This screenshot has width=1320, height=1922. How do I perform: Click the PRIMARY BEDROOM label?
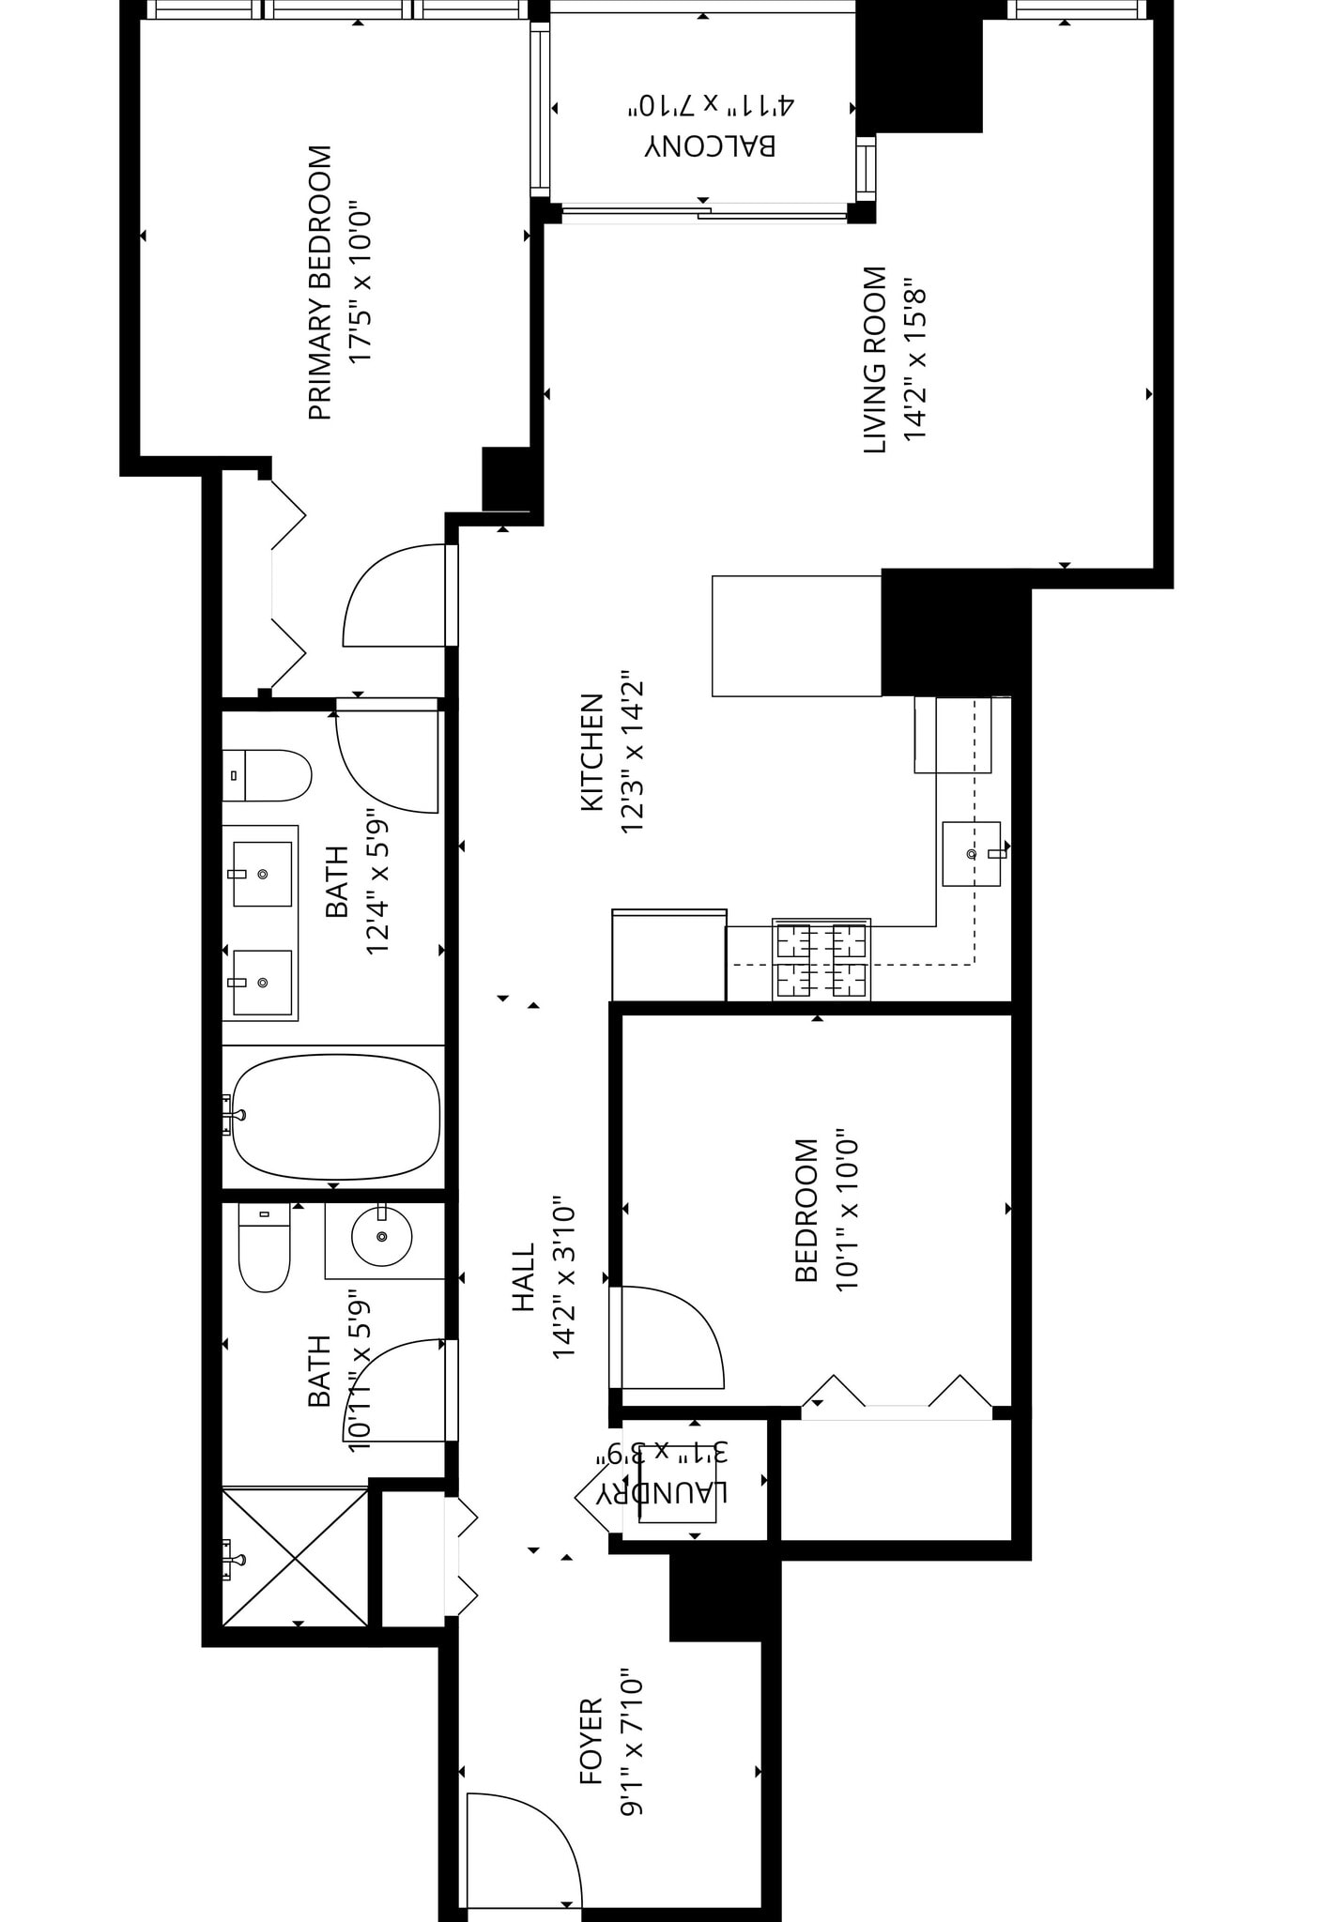point(320,282)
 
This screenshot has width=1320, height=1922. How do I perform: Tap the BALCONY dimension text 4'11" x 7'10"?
point(711,105)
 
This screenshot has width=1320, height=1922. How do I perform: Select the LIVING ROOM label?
point(874,360)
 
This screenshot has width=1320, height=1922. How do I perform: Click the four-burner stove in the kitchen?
point(821,959)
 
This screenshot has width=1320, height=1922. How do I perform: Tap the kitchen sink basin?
point(971,853)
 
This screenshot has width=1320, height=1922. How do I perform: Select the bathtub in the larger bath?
point(335,1117)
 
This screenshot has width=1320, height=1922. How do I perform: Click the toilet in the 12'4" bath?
point(268,775)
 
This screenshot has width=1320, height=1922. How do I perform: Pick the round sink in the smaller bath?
point(381,1237)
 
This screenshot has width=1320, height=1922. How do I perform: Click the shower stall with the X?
point(295,1557)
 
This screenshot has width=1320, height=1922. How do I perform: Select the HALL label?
point(523,1277)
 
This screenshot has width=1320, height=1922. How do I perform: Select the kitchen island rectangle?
point(796,635)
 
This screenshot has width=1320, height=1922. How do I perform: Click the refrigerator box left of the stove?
point(668,954)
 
